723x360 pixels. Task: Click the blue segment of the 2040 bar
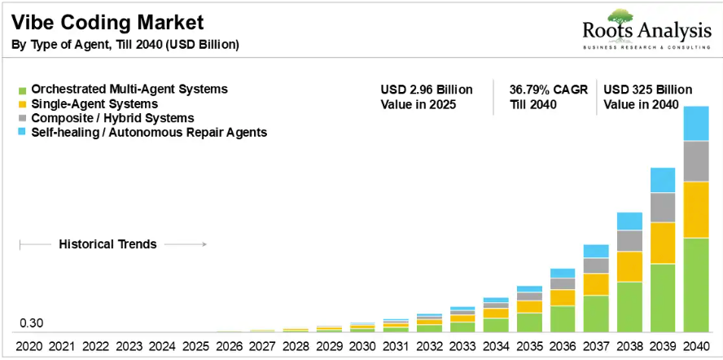[696, 123]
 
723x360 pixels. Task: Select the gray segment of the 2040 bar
[696, 161]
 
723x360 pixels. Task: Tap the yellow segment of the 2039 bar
[663, 244]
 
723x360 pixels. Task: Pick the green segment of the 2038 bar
[629, 307]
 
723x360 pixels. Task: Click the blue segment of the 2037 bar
[596, 251]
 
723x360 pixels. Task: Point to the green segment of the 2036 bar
[563, 319]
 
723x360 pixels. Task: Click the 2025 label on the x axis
[196, 346]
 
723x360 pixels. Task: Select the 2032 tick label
[429, 346]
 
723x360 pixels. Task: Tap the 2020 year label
[29, 346]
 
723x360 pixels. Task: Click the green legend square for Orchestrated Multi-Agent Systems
[22, 90]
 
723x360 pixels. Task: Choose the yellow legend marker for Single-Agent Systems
[22, 104]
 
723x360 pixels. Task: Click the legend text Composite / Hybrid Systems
[112, 118]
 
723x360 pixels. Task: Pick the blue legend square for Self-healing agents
[22, 133]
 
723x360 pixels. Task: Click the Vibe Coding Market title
[107, 23]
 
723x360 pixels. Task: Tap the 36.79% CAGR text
[549, 89]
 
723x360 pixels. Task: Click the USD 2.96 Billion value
[427, 89]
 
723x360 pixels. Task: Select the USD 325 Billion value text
[648, 89]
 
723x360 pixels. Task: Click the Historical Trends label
[108, 244]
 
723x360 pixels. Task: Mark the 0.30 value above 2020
[32, 323]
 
